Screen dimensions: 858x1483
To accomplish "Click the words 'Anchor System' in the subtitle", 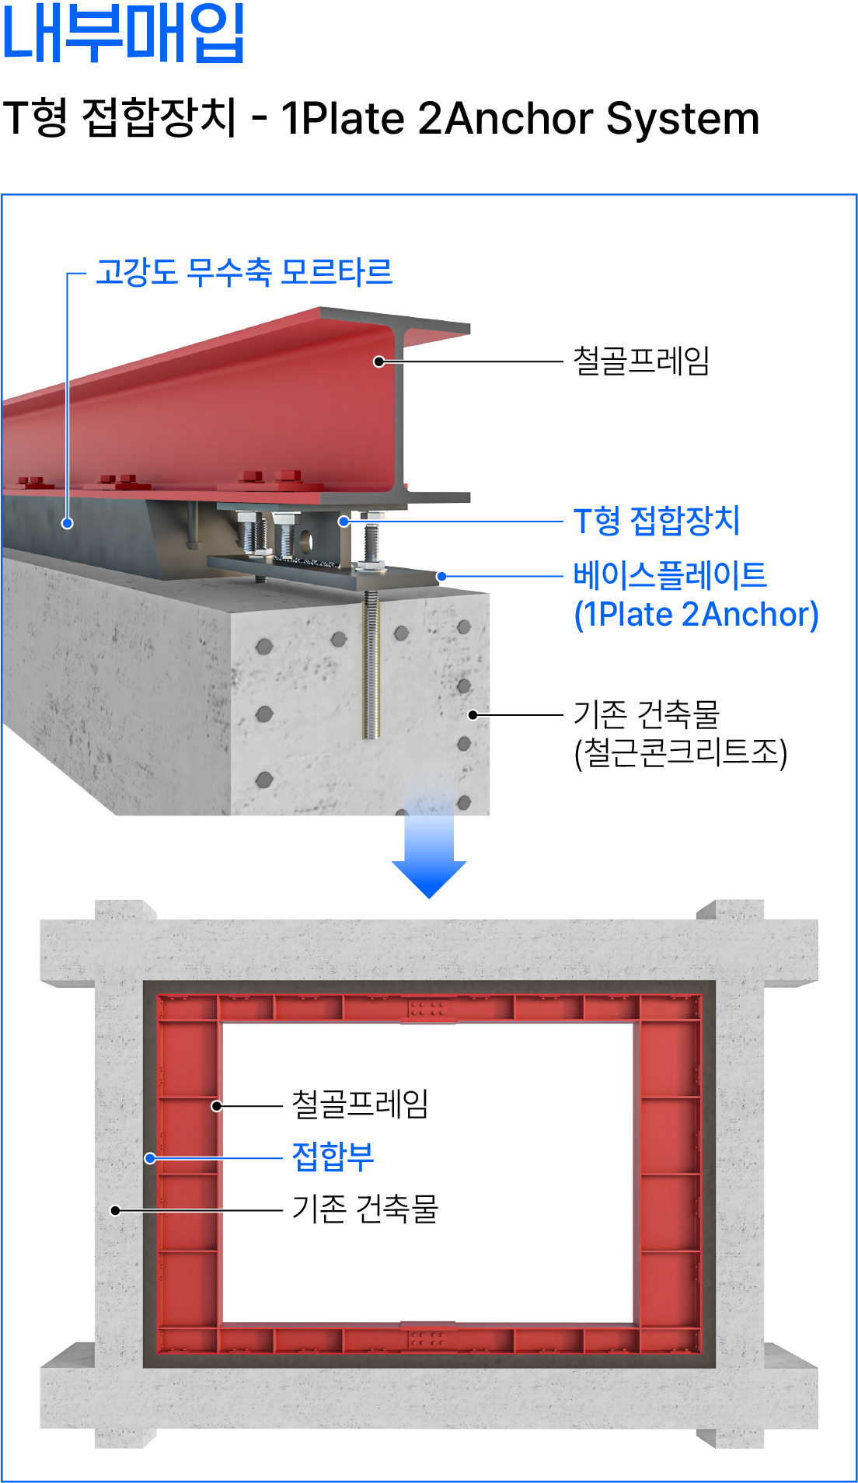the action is tap(602, 119).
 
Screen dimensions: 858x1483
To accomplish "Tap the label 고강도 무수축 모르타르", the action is tap(243, 272).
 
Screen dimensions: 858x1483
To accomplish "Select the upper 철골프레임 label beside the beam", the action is tap(641, 361).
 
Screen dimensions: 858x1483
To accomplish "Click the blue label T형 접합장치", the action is tap(657, 521).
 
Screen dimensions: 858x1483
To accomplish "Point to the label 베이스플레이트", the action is tap(670, 576).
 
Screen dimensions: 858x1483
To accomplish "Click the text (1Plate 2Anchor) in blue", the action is tap(696, 614).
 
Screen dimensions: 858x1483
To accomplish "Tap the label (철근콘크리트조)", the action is tap(681, 752).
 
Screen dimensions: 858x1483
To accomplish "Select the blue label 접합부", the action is tap(333, 1157).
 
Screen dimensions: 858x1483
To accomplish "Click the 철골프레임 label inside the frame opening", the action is tap(360, 1104).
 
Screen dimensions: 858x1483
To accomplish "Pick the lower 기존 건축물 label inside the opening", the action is tap(364, 1209).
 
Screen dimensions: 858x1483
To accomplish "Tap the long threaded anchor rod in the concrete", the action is tap(371, 668).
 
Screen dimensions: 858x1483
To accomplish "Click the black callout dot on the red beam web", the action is tap(379, 361).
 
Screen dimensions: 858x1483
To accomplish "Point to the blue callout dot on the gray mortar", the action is tap(68, 523).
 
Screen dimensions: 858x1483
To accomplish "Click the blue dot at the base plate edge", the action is tap(441, 577).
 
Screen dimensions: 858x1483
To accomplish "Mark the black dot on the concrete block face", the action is tap(472, 714).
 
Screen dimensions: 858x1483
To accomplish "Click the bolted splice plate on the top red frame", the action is tap(427, 1010).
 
